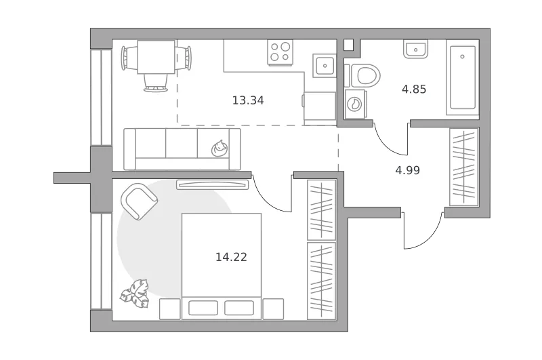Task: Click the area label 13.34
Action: pos(248,100)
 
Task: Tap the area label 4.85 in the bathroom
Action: pos(414,89)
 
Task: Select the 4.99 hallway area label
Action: pos(408,170)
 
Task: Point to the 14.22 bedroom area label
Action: pos(231,258)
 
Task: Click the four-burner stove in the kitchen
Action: pos(280,52)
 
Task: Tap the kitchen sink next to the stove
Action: pos(325,65)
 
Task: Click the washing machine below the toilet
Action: pos(355,104)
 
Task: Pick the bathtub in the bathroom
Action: pos(463,77)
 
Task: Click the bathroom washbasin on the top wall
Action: pos(415,49)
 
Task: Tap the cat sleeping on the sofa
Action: pos(220,148)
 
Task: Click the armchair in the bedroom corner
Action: pos(139,201)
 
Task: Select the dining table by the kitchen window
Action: pos(156,57)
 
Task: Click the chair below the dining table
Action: pos(156,83)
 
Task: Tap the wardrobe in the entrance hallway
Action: pos(464,167)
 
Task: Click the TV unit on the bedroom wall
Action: pos(213,184)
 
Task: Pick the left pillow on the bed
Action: pos(203,308)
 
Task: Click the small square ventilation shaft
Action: pos(349,45)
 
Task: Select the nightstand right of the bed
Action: pos(273,309)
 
